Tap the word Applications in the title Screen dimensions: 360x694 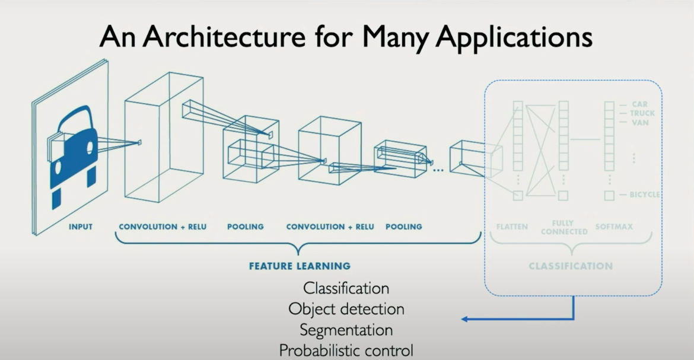tap(514, 37)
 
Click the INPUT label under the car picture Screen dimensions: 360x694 tap(81, 227)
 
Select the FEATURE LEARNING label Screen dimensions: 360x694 tap(300, 266)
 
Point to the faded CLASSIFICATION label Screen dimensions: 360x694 tap(571, 266)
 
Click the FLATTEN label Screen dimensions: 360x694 tap(512, 227)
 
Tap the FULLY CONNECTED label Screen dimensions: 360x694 tap(564, 228)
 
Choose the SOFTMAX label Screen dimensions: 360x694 tap(614, 227)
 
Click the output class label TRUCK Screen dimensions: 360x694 tap(642, 113)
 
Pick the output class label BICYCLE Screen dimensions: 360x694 tap(645, 195)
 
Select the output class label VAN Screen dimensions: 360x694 tap(640, 123)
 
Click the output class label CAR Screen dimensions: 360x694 tap(639, 104)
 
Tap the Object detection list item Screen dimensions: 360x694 tap(346, 309)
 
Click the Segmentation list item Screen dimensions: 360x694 tap(346, 329)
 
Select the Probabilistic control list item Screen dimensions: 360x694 tap(346, 350)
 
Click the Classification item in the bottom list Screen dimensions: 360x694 tap(346, 288)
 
